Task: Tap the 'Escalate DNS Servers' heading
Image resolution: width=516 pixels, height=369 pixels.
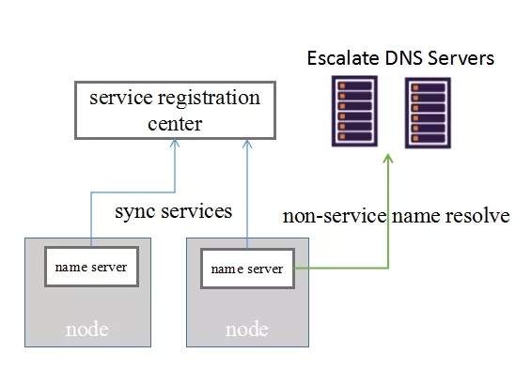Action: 400,59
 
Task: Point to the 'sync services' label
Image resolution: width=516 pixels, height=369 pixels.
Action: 173,211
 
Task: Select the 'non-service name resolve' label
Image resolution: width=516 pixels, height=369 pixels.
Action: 396,216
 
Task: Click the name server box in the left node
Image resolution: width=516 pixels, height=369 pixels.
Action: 91,267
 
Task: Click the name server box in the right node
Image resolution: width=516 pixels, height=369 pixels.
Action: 247,269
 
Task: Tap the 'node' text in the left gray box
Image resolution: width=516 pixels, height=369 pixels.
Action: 86,330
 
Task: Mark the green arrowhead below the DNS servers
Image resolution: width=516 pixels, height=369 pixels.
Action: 388,159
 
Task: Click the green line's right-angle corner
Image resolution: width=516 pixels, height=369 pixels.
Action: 388,269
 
